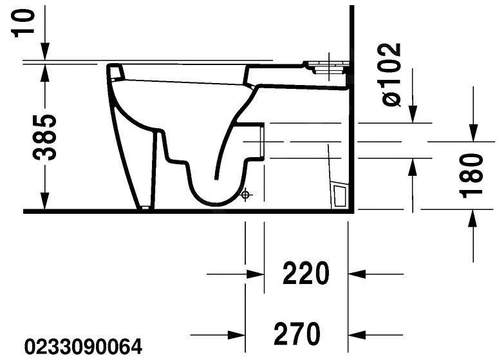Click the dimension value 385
pyautogui.click(x=44, y=137)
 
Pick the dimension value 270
pyautogui.click(x=297, y=334)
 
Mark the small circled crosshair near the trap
pyautogui.click(x=245, y=194)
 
